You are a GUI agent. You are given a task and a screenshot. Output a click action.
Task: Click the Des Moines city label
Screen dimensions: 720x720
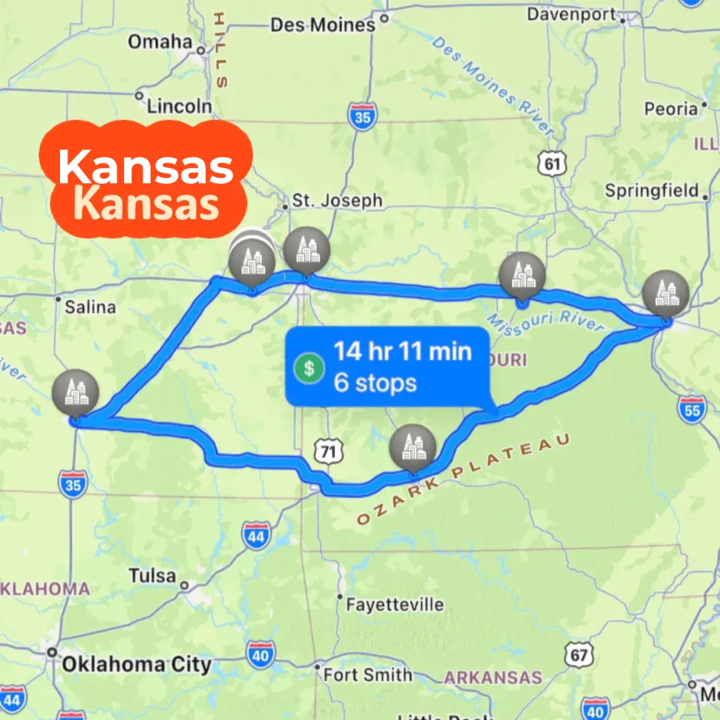pos(323,25)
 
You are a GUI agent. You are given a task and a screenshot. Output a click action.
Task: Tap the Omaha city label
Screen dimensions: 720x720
pos(160,41)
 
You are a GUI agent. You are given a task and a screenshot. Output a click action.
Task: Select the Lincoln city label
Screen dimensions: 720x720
pos(179,106)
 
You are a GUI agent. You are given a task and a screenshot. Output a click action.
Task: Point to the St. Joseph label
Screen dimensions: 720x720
pos(338,201)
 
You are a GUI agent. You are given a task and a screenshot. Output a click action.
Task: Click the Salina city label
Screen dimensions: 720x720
pos(90,307)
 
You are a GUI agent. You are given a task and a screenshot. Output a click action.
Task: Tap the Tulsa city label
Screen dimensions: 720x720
pos(153,575)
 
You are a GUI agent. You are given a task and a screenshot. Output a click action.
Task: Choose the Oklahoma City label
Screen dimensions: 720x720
pos(137,664)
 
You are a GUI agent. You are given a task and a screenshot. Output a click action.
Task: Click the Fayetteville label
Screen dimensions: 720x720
pos(395,605)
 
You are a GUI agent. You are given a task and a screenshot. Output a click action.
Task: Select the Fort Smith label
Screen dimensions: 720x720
pos(367,675)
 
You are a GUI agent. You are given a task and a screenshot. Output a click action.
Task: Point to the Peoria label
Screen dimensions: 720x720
pos(671,108)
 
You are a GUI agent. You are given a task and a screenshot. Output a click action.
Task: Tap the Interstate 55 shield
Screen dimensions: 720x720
pos(692,409)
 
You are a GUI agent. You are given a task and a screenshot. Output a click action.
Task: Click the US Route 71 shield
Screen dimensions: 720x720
pos(327,452)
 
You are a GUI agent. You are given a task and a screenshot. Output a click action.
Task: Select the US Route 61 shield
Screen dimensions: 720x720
pos(552,163)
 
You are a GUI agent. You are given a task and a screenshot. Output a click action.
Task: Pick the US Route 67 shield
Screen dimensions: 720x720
pos(578,655)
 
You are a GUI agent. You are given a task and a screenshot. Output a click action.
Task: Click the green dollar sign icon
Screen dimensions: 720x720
pos(308,367)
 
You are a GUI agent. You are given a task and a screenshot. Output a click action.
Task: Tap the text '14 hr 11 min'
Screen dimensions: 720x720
pos(402,351)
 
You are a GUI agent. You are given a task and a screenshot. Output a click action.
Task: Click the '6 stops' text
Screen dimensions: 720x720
pos(375,383)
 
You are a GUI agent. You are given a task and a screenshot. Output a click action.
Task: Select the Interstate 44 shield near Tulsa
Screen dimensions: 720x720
pos(257,536)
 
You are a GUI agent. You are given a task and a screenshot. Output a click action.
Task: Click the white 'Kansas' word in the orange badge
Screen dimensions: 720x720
pos(146,167)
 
